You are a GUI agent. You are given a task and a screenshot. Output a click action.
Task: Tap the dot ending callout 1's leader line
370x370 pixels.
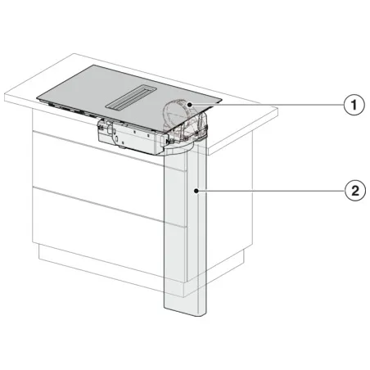click(189, 105)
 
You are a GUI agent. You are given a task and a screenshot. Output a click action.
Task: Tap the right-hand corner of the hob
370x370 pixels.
click(222, 101)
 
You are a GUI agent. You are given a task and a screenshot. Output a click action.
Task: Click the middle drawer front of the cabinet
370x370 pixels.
click(98, 180)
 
